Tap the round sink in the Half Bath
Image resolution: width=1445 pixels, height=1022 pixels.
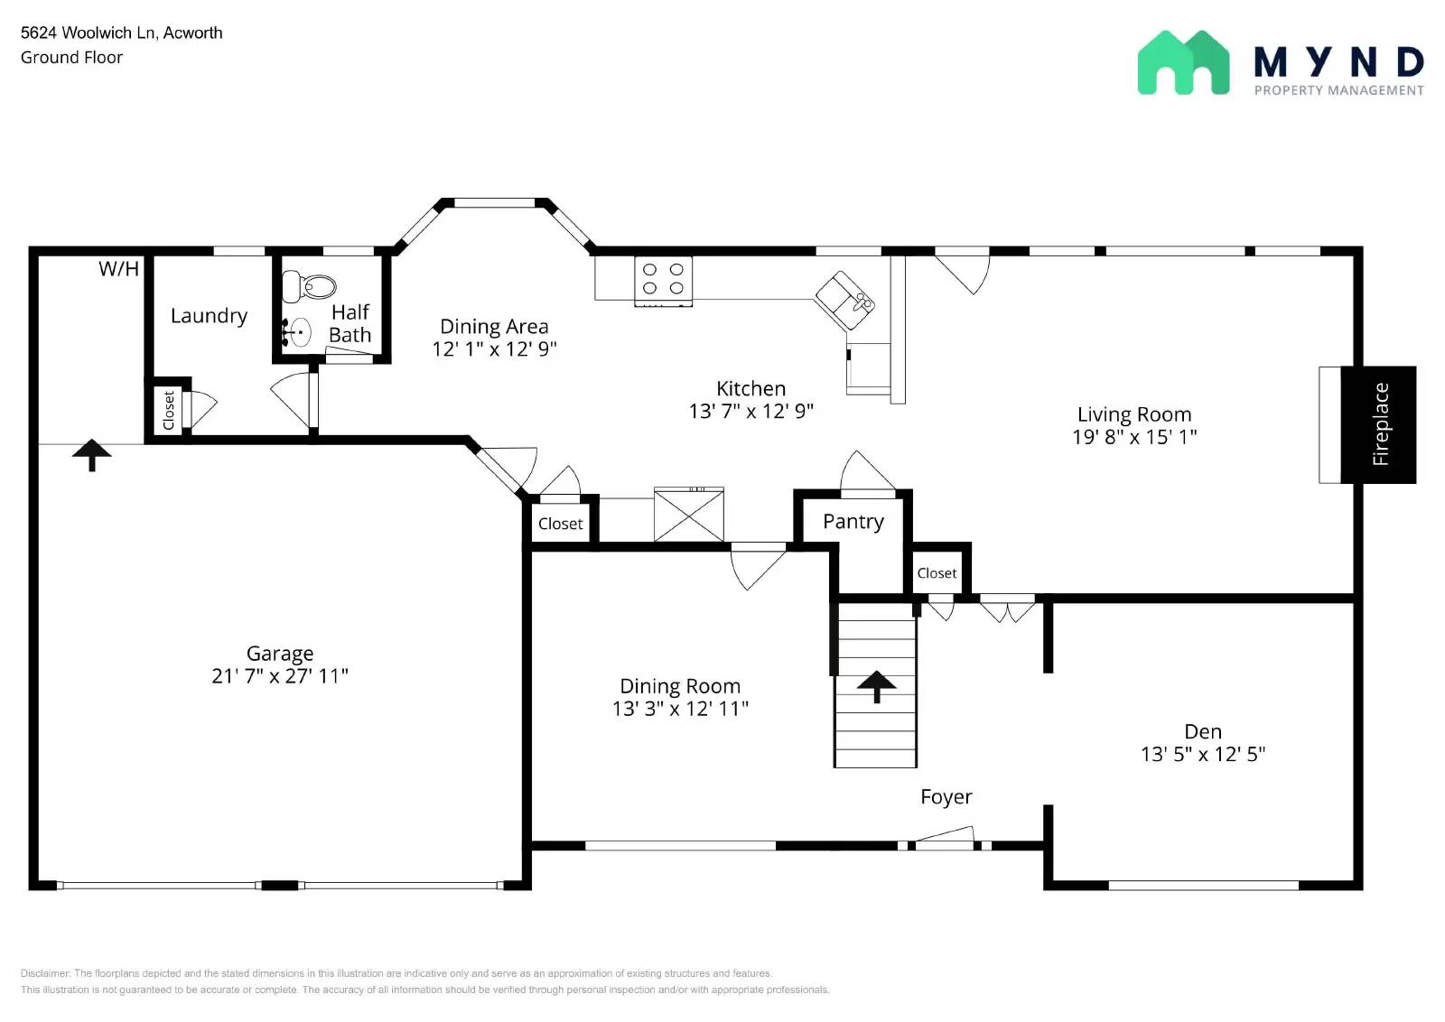click(x=300, y=332)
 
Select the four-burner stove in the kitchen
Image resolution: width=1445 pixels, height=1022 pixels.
click(x=663, y=278)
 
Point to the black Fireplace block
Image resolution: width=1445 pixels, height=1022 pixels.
click(x=1378, y=424)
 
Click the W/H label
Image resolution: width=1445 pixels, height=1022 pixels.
click(x=119, y=269)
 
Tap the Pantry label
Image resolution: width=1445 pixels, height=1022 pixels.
click(x=853, y=522)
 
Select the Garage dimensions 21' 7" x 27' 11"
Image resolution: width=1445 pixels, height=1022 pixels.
click(x=280, y=676)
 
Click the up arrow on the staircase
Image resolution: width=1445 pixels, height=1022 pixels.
click(x=876, y=686)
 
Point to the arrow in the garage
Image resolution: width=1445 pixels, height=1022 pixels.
click(x=91, y=454)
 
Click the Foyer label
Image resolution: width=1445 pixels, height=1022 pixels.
click(x=946, y=796)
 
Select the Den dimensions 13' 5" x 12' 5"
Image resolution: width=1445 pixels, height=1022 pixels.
click(x=1202, y=754)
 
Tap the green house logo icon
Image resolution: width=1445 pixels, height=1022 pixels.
click(x=1183, y=63)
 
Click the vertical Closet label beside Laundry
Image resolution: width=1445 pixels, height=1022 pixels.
click(x=169, y=411)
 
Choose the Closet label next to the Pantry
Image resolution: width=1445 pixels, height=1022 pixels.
click(x=937, y=573)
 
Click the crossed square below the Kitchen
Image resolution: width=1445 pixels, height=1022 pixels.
click(x=688, y=516)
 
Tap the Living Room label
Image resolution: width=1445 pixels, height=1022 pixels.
click(x=1133, y=414)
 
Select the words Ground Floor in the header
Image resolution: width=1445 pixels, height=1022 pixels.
click(x=71, y=57)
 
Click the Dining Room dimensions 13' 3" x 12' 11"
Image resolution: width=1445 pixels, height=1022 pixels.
click(x=680, y=709)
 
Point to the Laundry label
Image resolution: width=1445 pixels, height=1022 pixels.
click(x=209, y=316)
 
